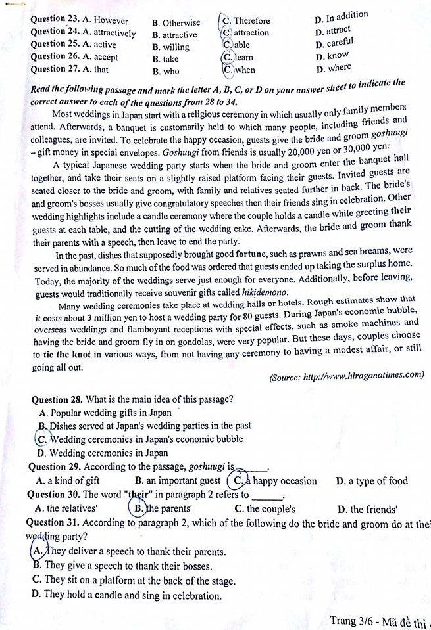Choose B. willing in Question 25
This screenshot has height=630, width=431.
(170, 47)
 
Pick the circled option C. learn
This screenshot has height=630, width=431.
(238, 58)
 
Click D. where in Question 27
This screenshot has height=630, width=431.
(334, 68)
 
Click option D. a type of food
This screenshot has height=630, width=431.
(371, 481)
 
